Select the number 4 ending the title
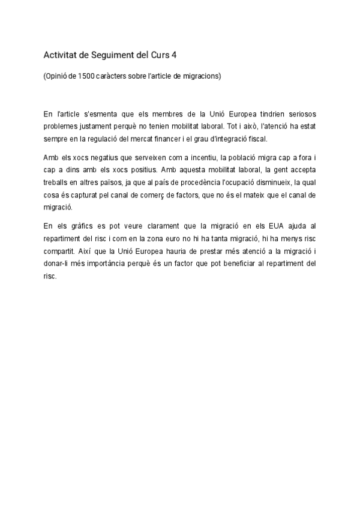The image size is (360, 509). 174,55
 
